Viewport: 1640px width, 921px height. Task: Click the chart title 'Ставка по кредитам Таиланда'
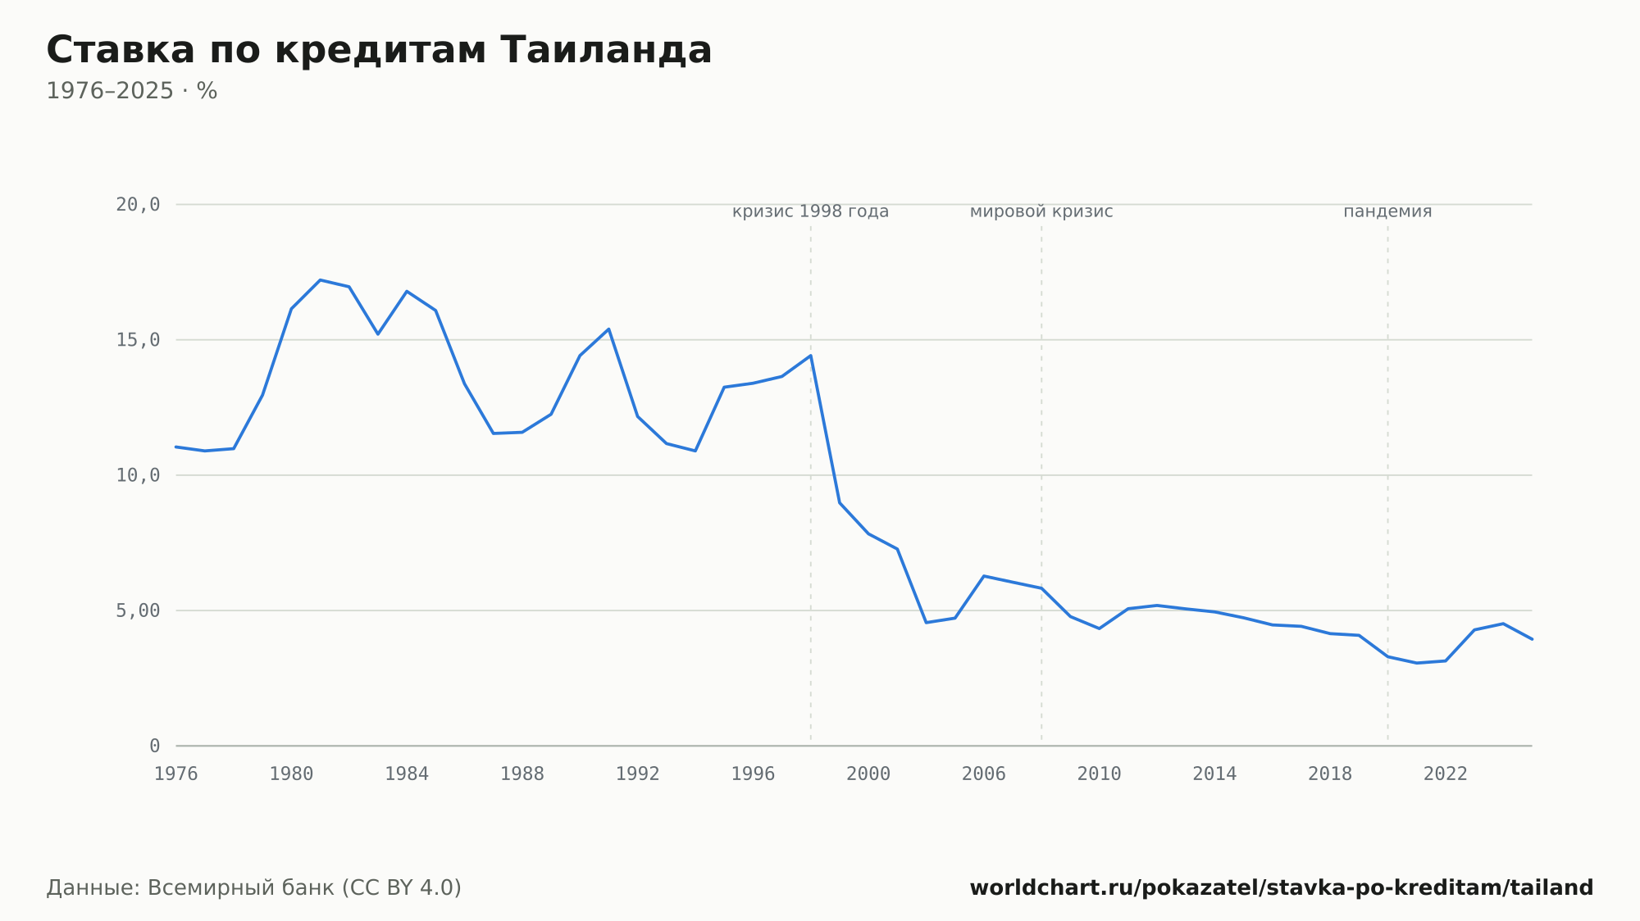point(379,50)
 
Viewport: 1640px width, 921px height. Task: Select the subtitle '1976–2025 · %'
point(131,91)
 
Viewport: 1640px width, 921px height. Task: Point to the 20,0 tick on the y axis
point(138,205)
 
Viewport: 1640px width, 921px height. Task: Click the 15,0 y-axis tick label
point(138,340)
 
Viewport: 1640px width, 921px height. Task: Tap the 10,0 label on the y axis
point(138,475)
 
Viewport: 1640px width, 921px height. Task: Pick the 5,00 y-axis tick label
point(138,610)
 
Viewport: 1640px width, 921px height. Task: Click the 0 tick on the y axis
point(154,746)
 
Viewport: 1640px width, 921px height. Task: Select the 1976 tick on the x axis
point(176,774)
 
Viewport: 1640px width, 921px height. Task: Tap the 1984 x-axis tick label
point(407,774)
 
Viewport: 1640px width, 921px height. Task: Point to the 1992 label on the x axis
point(638,774)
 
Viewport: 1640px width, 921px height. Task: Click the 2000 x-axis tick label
point(868,774)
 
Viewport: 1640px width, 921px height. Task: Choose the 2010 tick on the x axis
point(1099,774)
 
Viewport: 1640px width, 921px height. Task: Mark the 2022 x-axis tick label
point(1446,774)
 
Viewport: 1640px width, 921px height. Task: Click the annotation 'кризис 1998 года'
point(810,211)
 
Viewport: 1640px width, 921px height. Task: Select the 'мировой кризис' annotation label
point(1041,211)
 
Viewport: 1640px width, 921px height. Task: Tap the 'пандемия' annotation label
point(1387,211)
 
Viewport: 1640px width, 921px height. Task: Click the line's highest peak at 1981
point(321,280)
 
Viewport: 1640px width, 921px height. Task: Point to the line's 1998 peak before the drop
point(811,356)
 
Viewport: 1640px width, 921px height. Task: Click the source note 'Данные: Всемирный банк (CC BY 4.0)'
point(253,888)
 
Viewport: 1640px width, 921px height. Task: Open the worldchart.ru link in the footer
point(1282,888)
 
